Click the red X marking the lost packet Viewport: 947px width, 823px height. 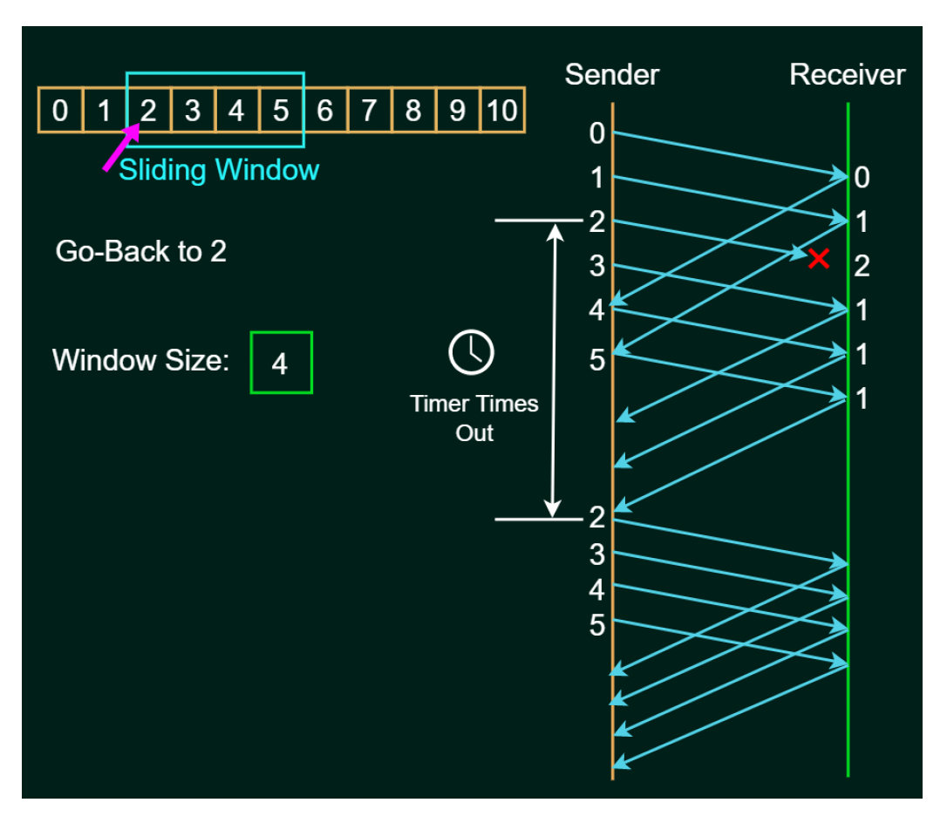818,258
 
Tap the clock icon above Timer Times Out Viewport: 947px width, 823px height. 471,352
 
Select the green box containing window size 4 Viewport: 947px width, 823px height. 281,363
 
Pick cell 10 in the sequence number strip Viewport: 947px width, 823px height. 501,111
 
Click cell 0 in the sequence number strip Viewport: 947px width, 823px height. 60,111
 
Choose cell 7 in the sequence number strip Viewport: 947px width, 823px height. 369,111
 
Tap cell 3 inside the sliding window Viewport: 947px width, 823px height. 193,111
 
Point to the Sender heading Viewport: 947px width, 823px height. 612,75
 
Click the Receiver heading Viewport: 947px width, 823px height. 848,75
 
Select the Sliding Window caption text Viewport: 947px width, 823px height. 219,169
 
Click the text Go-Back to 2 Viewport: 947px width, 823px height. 141,252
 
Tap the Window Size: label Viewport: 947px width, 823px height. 140,360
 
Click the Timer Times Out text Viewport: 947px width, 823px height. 474,418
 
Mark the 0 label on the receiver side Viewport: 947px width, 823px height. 862,179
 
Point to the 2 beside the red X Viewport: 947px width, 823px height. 862,266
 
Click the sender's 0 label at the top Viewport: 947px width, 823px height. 596,133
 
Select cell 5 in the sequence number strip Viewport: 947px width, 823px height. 281,111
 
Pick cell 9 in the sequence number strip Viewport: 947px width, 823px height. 457,111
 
